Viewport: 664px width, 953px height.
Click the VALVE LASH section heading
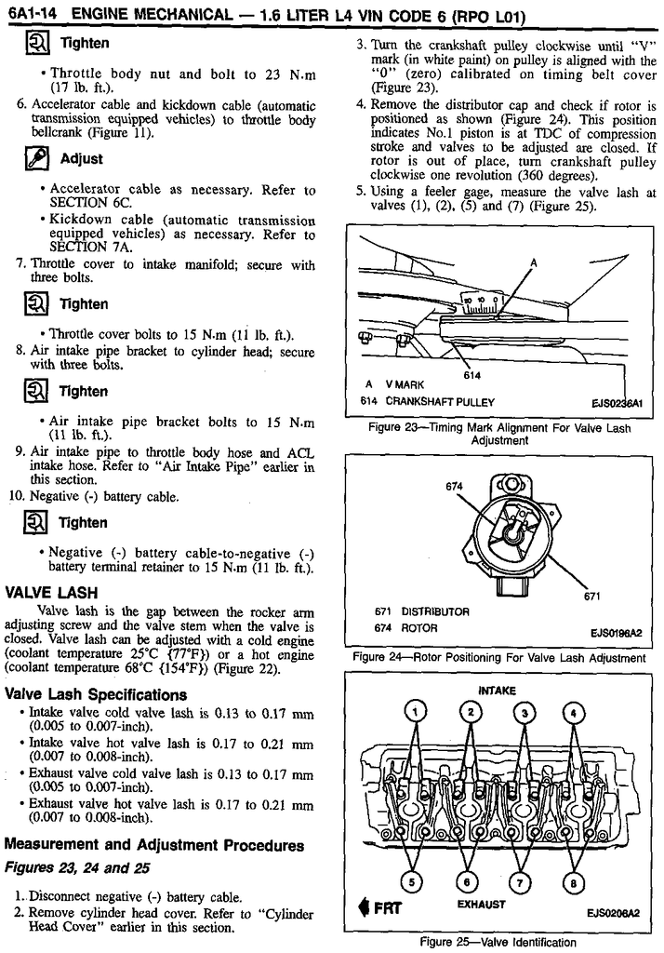tap(51, 592)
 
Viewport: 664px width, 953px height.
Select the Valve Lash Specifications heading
tap(95, 694)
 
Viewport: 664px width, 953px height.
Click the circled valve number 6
tap(469, 880)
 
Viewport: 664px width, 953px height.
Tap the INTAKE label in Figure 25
tap(497, 691)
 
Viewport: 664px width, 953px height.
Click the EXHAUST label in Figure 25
tap(481, 904)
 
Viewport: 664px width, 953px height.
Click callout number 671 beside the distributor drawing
tap(591, 597)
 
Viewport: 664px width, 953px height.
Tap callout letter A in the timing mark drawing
tap(534, 262)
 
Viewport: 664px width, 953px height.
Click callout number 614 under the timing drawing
tap(471, 375)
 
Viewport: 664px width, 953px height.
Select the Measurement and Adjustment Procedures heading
tap(153, 845)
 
